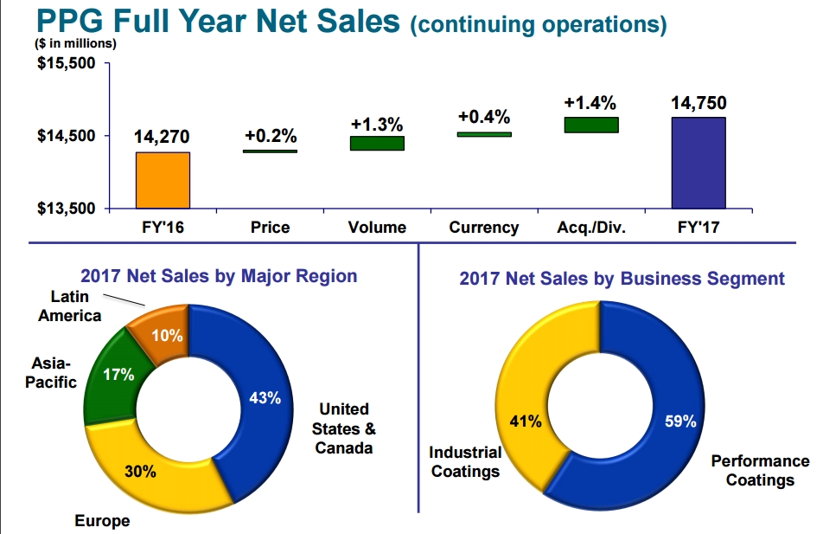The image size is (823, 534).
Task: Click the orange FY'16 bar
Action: pos(163,180)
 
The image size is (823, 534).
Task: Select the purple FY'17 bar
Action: pos(698,163)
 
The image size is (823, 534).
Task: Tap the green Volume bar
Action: pos(377,143)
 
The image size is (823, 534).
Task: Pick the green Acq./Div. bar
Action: pos(591,125)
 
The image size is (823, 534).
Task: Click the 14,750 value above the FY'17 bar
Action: pos(698,104)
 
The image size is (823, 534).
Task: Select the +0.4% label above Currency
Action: pos(484,117)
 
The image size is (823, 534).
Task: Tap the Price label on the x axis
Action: pos(270,228)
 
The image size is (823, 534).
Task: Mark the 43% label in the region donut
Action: pos(265,398)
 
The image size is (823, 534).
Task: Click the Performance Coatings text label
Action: pos(760,470)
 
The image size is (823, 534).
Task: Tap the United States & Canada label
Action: pos(343,428)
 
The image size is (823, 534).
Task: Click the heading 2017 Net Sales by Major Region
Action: pos(219,276)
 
